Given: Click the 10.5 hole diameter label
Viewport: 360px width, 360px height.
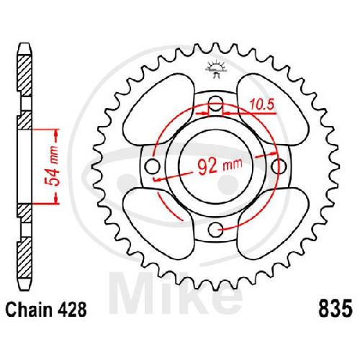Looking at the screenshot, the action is click(x=261, y=104).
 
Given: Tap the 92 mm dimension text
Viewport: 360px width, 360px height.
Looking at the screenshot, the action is click(x=220, y=166).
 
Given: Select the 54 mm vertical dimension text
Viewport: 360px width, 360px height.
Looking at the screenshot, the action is click(x=53, y=166).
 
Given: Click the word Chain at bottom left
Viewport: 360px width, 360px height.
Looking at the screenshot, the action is click(x=29, y=310).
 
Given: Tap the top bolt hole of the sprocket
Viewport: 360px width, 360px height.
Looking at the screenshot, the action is click(x=215, y=104).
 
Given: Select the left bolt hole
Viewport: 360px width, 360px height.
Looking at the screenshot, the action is click(x=153, y=166).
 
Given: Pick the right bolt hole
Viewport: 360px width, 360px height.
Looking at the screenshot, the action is click(x=279, y=166).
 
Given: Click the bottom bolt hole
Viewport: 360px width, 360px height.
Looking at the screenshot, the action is click(x=215, y=230).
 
